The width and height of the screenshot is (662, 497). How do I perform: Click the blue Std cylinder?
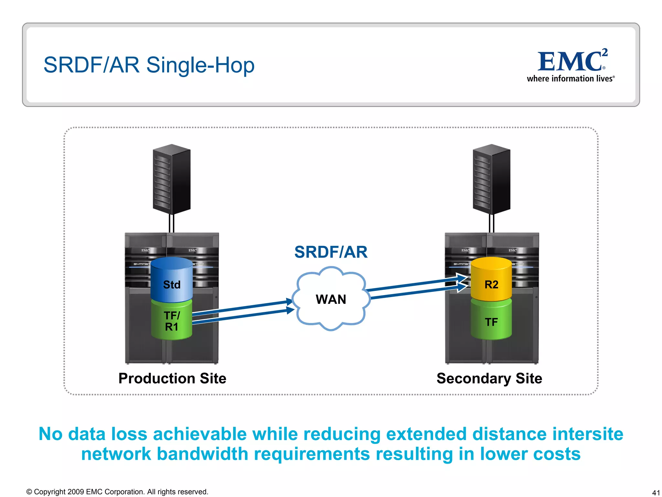point(172,280)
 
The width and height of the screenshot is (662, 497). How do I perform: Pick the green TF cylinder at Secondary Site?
point(491,322)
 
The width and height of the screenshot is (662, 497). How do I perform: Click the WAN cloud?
point(331,299)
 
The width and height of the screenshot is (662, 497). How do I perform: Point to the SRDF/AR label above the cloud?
point(331,252)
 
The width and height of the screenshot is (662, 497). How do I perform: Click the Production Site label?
point(172,378)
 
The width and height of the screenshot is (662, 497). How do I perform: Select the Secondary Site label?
point(489,378)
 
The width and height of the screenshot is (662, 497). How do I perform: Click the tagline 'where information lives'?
point(570,79)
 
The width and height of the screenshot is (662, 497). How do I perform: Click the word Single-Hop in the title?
point(200,65)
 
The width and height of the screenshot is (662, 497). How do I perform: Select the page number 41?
point(656,492)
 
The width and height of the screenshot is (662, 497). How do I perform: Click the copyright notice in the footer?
point(117,491)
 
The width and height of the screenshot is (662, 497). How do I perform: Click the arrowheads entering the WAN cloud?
point(290,306)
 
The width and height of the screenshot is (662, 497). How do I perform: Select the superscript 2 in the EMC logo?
point(605,52)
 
